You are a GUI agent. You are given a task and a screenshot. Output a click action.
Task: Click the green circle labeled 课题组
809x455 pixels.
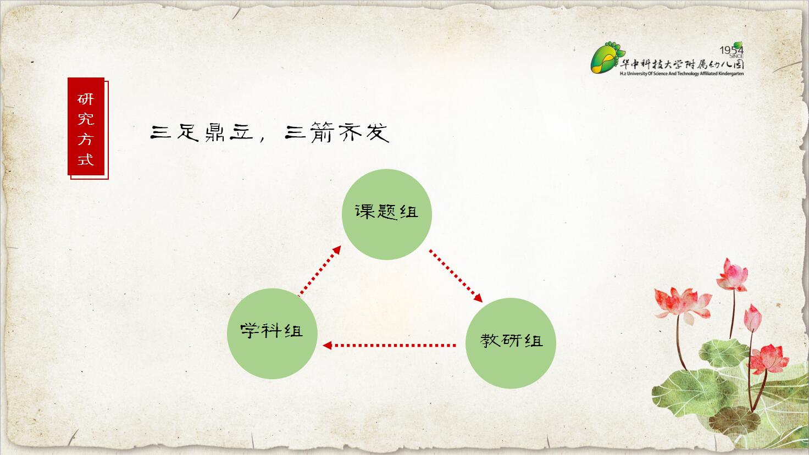pos(387,214)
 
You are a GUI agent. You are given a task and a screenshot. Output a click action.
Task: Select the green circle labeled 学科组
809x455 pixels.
pos(272,334)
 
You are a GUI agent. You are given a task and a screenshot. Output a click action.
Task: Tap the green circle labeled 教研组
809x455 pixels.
pos(511,343)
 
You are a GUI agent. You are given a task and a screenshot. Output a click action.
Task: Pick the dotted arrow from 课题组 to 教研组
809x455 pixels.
pos(456,275)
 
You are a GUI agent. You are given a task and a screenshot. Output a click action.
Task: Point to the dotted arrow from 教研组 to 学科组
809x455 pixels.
pos(389,346)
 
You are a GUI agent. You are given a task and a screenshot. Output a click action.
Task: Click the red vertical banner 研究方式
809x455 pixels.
pos(88,128)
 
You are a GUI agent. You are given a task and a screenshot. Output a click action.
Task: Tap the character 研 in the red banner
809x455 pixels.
pos(86,99)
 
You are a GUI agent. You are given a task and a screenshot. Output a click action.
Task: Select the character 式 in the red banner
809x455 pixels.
pos(86,159)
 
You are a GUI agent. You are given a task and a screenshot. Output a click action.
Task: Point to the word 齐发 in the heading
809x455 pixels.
pos(363,132)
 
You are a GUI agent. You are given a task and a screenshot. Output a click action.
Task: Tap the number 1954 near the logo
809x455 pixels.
pos(731,49)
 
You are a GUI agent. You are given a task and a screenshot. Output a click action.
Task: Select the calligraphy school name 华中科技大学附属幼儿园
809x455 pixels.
pos(682,64)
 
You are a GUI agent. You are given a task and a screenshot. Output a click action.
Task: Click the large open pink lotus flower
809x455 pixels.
pos(682,304)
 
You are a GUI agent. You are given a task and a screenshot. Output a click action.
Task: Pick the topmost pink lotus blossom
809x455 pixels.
pos(733,275)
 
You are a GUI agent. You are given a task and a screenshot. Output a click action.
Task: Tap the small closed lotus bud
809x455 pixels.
pos(752,318)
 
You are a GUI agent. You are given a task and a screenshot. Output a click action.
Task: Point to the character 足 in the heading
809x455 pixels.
pos(188,132)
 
